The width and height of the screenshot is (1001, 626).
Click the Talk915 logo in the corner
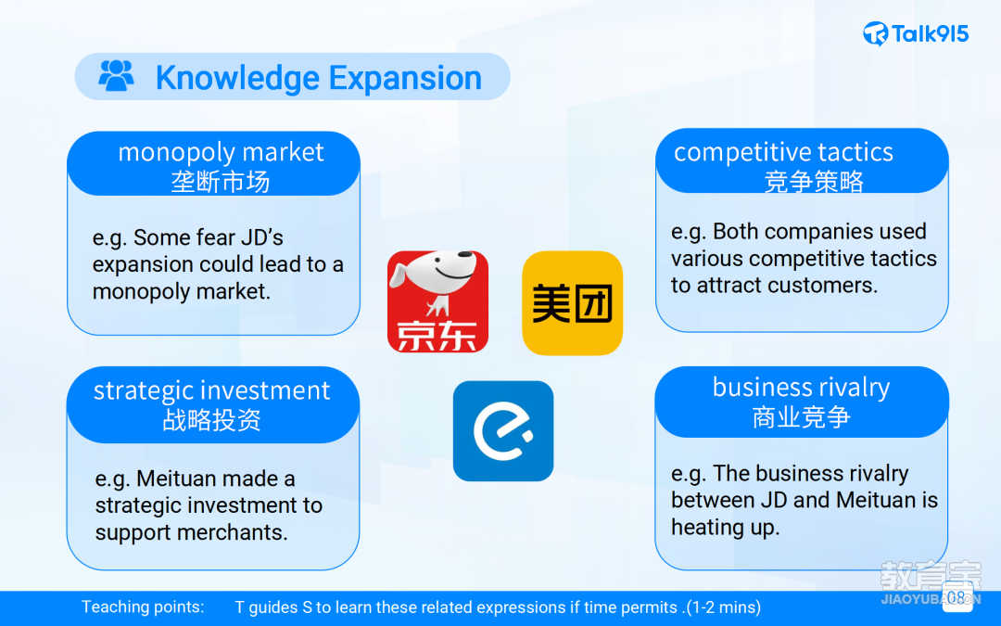tap(916, 33)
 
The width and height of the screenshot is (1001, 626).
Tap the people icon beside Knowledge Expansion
tap(116, 76)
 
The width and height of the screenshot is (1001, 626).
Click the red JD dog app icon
tap(437, 301)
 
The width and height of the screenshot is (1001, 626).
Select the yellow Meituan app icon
tap(572, 302)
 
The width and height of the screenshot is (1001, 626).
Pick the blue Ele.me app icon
tap(503, 431)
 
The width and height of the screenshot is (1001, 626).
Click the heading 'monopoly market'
tap(221, 152)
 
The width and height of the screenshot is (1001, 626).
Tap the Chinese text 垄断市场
tap(221, 182)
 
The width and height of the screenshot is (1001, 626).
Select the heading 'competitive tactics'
tap(783, 152)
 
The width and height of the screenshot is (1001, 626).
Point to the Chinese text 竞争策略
tap(814, 182)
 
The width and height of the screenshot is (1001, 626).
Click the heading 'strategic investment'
tap(212, 390)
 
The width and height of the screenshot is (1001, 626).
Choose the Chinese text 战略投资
tap(211, 420)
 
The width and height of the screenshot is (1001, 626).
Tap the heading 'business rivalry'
tap(801, 387)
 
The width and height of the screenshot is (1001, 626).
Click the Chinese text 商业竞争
tap(801, 417)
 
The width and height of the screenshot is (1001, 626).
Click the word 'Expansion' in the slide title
tap(405, 78)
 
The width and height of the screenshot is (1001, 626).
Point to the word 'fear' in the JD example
tap(209, 237)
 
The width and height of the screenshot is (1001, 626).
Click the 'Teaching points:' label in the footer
tap(143, 607)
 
